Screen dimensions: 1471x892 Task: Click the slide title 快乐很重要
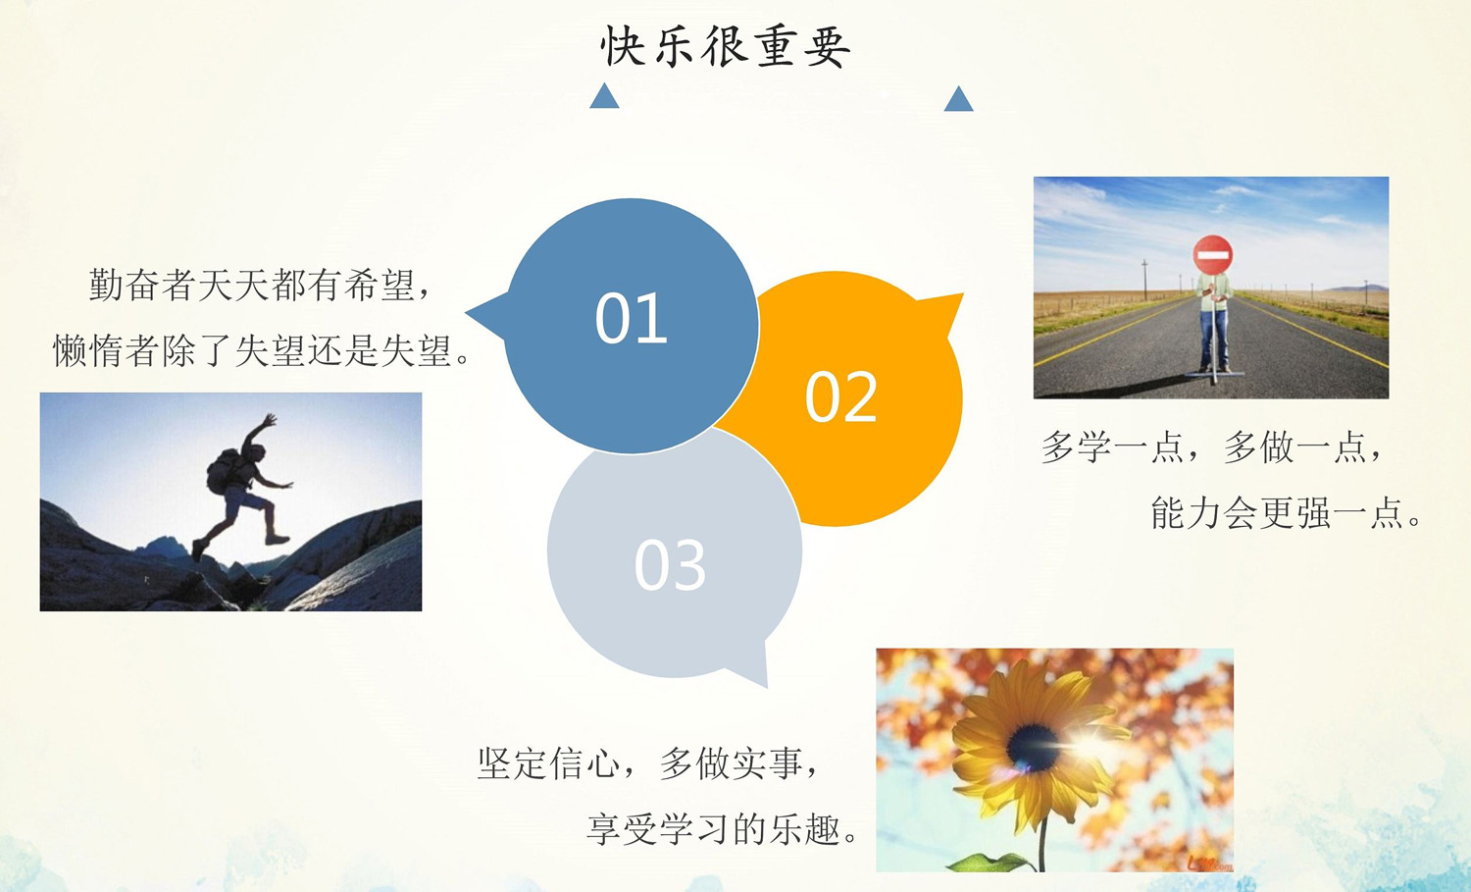[x=725, y=47]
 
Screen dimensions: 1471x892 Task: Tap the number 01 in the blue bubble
[x=632, y=318]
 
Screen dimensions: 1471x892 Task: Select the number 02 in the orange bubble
[x=841, y=396]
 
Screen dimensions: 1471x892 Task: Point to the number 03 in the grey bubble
[x=670, y=564]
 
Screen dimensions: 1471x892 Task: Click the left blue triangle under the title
[x=604, y=96]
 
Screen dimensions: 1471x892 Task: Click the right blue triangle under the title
[x=959, y=99]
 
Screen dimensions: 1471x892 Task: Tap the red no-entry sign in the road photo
[x=1213, y=255]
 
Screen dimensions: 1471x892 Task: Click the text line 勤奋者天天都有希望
[x=260, y=285]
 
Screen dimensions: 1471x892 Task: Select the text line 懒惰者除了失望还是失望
[x=262, y=349]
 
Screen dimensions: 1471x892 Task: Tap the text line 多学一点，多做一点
[x=1211, y=447]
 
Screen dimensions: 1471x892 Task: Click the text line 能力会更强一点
[x=1286, y=512]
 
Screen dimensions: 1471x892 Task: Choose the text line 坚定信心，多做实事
[x=647, y=763]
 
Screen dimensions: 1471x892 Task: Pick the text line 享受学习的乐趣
[x=722, y=828]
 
